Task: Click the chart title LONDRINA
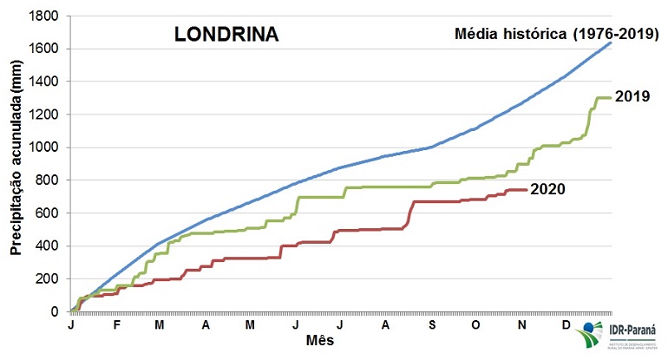point(226,35)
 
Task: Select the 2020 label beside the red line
point(548,188)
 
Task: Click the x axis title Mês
point(321,342)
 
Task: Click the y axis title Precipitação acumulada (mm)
point(16,165)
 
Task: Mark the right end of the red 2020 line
point(527,189)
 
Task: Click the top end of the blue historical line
point(611,43)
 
